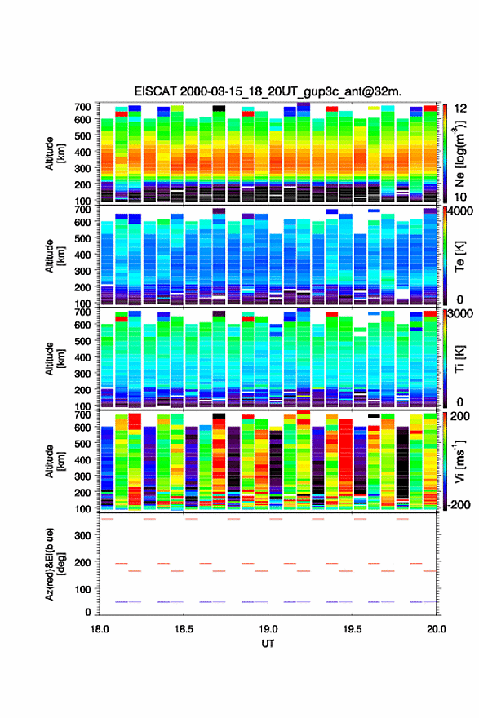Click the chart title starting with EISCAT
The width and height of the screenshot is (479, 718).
[268, 91]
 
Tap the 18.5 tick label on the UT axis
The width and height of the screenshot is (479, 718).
[184, 629]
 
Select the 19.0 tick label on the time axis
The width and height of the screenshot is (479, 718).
[268, 629]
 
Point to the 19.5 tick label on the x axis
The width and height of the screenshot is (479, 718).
[353, 629]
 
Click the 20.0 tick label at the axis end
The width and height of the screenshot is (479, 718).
[437, 629]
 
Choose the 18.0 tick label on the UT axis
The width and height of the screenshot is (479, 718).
[100, 629]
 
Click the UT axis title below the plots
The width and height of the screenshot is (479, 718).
[268, 644]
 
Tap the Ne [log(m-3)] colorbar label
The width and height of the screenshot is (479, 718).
[460, 154]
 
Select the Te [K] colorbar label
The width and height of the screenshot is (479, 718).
[460, 256]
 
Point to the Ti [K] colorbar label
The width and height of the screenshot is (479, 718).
[460, 359]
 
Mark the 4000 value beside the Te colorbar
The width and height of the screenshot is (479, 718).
[461, 212]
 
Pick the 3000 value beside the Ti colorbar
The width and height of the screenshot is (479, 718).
[461, 314]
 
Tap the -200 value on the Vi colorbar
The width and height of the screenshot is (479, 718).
[459, 505]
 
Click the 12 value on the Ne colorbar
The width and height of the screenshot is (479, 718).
[461, 109]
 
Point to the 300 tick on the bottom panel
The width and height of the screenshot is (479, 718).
[83, 536]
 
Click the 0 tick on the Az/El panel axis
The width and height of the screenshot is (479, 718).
[88, 612]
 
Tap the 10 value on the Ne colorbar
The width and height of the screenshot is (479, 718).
[461, 197]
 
